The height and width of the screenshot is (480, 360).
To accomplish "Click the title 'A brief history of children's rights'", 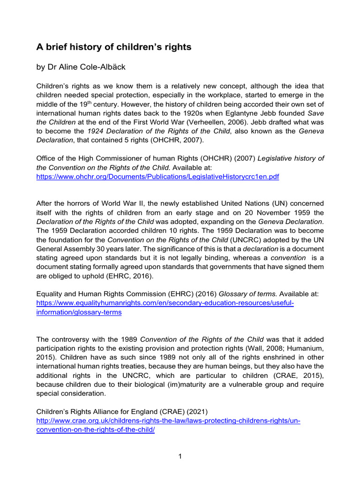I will point(114,47).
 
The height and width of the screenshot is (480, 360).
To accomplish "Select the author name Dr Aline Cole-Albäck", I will point(81,67).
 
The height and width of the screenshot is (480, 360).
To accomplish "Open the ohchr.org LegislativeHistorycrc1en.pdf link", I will point(160,178).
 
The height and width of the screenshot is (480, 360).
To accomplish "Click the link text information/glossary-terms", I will point(79,313).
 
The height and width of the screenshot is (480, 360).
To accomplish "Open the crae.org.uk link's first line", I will point(168,420).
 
